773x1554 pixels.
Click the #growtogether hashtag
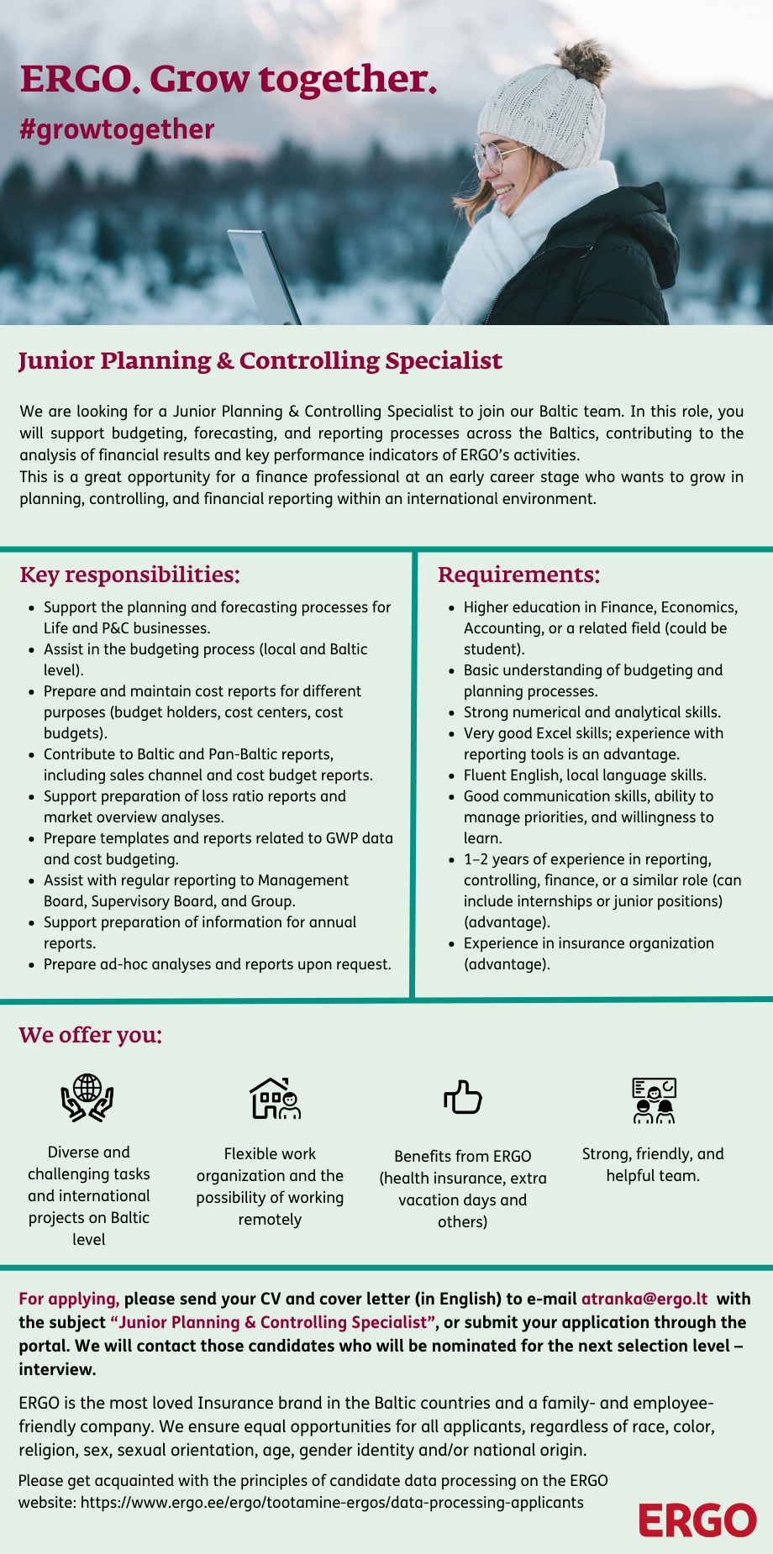coord(117,129)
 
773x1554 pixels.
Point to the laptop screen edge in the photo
coord(264,276)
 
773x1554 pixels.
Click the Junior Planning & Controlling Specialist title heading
coord(260,360)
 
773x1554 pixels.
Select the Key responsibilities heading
coord(129,575)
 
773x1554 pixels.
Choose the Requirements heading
coord(518,575)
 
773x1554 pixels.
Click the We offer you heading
coord(91,1034)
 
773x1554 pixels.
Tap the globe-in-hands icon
coord(87,1097)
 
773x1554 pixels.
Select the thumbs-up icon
coord(462,1097)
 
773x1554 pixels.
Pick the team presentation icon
coord(653,1100)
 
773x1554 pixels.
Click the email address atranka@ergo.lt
coord(644,1298)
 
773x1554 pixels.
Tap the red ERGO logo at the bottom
coord(697,1520)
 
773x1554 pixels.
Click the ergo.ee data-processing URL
coord(332,1502)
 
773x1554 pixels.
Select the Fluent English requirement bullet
coord(585,775)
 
